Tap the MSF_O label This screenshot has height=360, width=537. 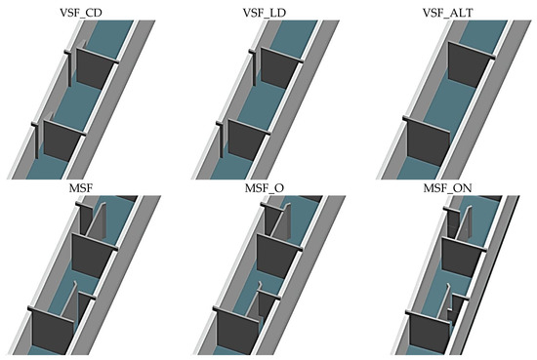coord(268,185)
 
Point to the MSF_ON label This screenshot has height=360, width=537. coord(449,185)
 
